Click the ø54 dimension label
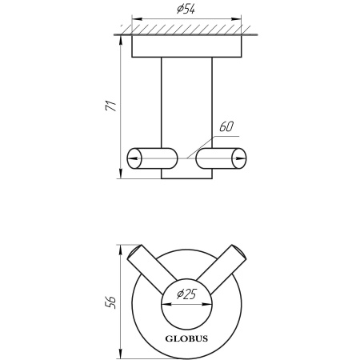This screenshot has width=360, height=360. [186, 10]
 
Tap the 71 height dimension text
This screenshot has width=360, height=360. [111, 106]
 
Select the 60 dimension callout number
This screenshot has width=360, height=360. [226, 127]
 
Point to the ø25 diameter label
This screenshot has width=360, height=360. [186, 294]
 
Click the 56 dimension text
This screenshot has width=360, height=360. [111, 302]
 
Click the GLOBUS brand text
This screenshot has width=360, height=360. [186, 338]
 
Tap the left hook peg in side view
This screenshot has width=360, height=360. [152, 158]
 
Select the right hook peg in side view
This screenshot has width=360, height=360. [221, 158]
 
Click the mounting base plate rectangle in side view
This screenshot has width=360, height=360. [186, 46]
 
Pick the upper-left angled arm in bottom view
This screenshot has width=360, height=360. [151, 270]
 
